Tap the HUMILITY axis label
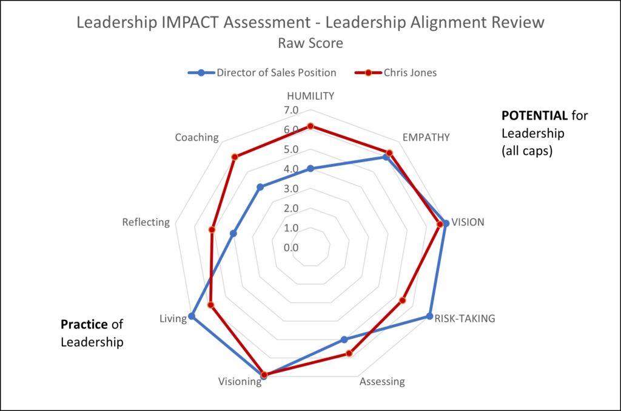tap(310, 96)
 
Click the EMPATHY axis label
tap(426, 137)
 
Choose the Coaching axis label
tap(196, 138)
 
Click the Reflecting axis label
tap(146, 222)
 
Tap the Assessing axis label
tap(381, 382)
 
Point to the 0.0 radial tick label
tap(291, 248)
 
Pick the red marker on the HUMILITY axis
tap(310, 126)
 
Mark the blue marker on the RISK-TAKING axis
tap(429, 316)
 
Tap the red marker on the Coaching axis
tap(235, 157)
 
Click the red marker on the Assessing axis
tap(349, 353)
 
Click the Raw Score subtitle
tap(310, 44)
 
